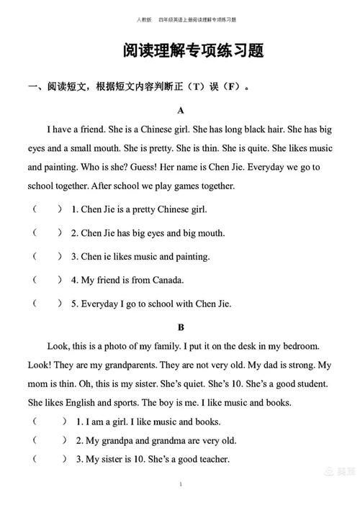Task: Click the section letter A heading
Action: click(181, 111)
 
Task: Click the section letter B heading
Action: click(181, 326)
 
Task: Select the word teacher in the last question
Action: click(210, 459)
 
